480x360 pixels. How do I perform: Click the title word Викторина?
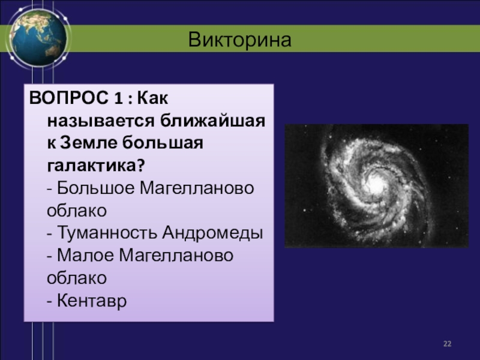[239, 40]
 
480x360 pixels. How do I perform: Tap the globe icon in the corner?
[38, 37]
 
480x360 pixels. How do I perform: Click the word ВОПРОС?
[68, 98]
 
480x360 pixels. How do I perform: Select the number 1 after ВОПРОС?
[118, 98]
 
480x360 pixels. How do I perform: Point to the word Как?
[152, 98]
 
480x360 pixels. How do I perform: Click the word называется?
[101, 121]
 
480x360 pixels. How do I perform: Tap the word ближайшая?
[213, 121]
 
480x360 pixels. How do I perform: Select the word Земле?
[88, 143]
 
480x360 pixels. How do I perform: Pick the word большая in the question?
[163, 143]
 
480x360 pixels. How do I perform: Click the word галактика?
[96, 166]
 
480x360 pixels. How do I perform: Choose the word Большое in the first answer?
[96, 188]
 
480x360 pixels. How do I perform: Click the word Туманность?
[107, 233]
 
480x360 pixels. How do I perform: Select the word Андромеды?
[212, 233]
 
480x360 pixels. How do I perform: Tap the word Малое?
[85, 256]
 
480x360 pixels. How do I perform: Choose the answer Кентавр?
[92, 301]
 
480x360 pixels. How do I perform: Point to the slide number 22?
[447, 344]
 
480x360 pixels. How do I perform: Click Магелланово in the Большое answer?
[197, 188]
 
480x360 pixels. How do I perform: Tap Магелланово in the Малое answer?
[176, 256]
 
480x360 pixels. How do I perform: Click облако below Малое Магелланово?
[77, 278]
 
